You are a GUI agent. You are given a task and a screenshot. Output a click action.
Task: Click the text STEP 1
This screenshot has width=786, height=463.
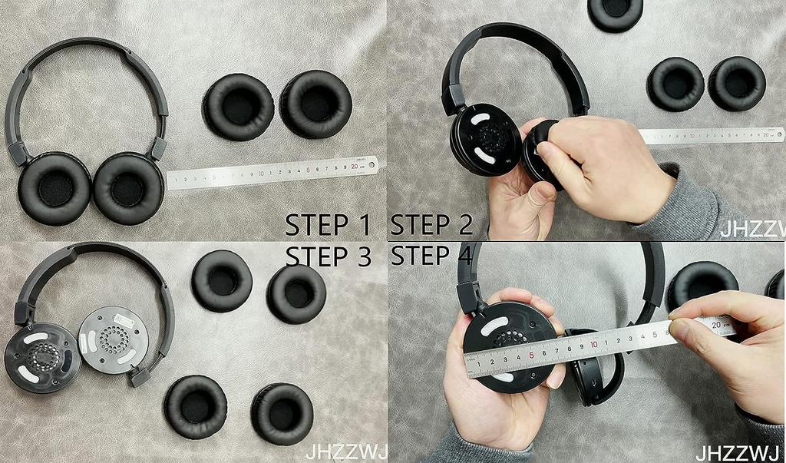[327, 225]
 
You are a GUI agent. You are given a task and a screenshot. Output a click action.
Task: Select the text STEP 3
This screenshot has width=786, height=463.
[327, 256]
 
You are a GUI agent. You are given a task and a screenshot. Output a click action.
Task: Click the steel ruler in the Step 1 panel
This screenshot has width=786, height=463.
[272, 173]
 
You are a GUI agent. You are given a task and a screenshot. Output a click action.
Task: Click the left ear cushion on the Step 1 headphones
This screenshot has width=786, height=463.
[54, 188]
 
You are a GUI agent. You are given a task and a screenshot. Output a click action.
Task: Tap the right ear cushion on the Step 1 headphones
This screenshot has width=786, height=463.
[128, 188]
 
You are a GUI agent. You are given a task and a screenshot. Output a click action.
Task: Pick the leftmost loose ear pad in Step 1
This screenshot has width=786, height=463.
[239, 107]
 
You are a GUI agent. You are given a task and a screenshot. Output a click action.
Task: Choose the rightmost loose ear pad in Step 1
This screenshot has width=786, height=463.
[315, 104]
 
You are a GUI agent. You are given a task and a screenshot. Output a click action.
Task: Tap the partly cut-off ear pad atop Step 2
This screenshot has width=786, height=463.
[615, 12]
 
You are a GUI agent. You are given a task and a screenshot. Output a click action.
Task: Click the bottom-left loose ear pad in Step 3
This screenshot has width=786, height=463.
[195, 407]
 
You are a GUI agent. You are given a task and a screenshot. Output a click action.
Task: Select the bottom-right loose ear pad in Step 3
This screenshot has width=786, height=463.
[282, 414]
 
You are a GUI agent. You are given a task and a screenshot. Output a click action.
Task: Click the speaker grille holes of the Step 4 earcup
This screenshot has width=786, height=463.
[509, 339]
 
